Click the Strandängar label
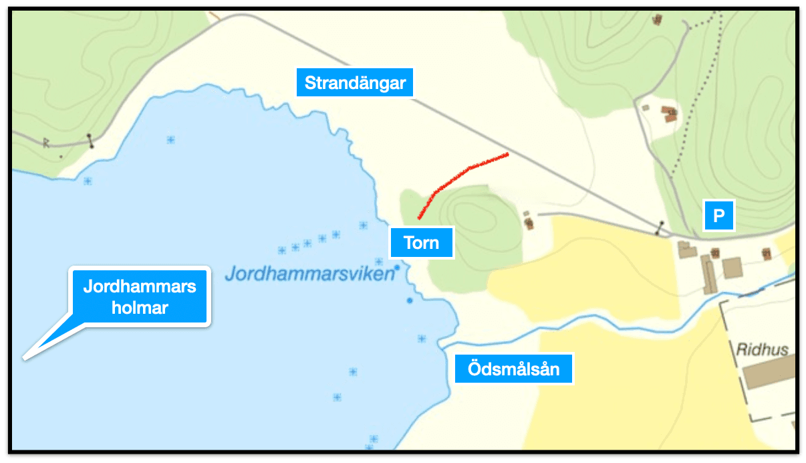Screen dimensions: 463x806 click(x=355, y=83)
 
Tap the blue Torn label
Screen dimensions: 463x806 click(x=421, y=242)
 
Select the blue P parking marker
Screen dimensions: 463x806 click(x=718, y=215)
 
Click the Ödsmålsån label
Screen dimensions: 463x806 click(x=513, y=368)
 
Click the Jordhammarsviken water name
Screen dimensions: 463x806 click(x=308, y=273)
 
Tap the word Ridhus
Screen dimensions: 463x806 click(x=762, y=349)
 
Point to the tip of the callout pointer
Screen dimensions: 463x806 click(x=25, y=359)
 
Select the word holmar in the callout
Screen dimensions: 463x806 click(x=140, y=308)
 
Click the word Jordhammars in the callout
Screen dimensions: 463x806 click(x=140, y=287)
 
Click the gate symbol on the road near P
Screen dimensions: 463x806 click(x=660, y=228)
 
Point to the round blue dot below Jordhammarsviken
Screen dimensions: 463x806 click(x=410, y=300)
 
